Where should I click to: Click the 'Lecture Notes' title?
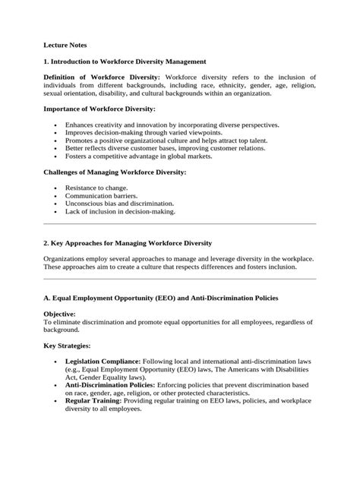(x=65, y=45)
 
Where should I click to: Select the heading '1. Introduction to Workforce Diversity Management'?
(x=125, y=61)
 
